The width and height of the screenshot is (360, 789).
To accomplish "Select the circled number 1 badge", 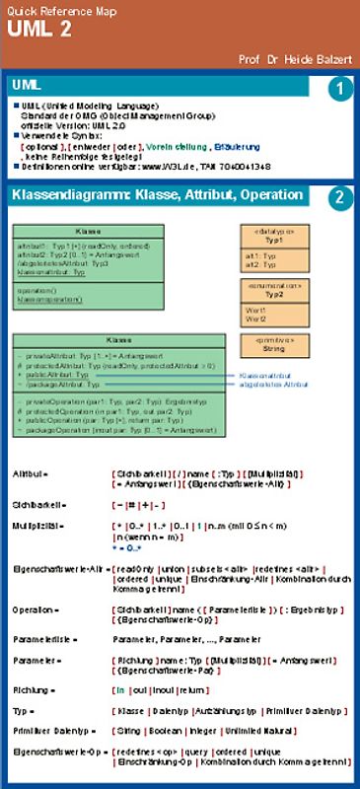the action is pyautogui.click(x=338, y=90).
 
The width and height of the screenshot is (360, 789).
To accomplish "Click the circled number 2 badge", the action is pyautogui.click(x=338, y=196).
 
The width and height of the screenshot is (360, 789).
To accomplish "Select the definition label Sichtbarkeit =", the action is pyautogui.click(x=36, y=504).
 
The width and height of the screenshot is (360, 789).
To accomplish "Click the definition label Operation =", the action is pyautogui.click(x=36, y=610).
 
